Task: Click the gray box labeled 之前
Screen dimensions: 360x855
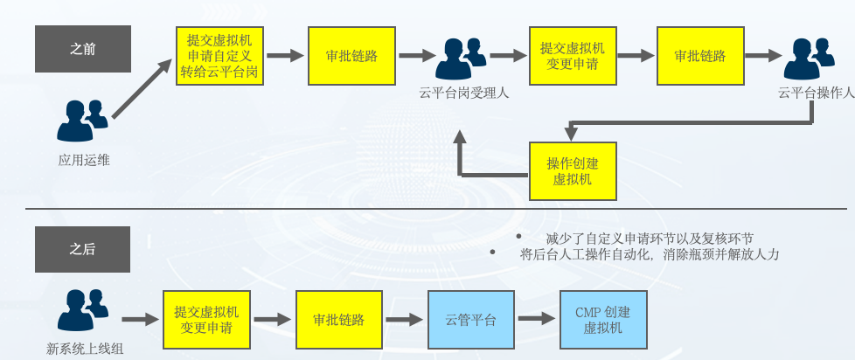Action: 83,48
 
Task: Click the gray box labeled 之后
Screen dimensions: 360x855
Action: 83,249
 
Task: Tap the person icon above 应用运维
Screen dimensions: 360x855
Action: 83,121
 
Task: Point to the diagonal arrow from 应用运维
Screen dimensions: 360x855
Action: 141,90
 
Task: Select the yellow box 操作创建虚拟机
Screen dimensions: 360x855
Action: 573,170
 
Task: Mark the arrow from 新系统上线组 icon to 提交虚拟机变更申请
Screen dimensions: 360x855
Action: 139,320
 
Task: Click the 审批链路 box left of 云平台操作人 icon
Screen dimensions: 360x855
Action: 699,55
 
